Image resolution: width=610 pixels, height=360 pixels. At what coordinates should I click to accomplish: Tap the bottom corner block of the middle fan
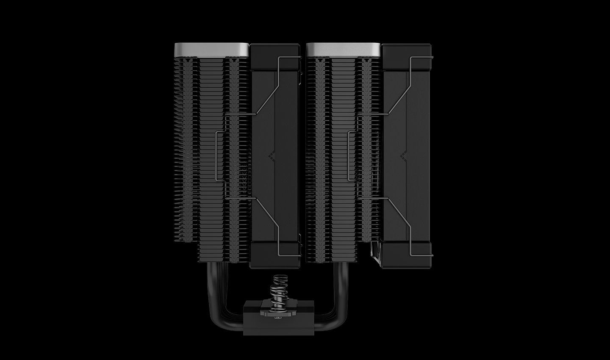click(276, 255)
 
